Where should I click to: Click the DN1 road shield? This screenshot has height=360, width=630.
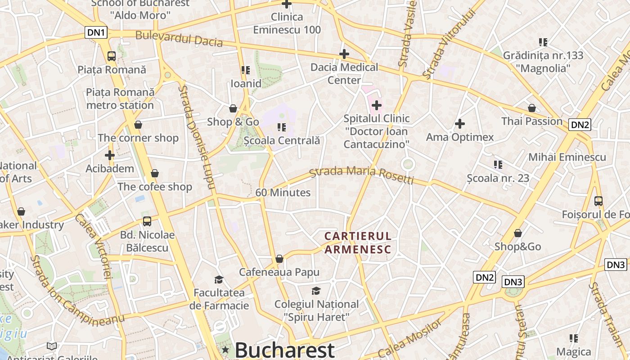click(96, 32)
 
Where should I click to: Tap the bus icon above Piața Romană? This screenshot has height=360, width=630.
click(112, 56)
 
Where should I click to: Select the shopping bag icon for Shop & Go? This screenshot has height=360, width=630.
click(233, 108)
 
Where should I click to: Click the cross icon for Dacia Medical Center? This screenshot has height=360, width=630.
click(344, 54)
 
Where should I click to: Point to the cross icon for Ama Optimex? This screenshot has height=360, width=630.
click(460, 124)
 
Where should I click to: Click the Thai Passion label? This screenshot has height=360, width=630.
click(532, 121)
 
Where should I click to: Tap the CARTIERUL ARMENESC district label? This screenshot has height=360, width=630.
click(358, 243)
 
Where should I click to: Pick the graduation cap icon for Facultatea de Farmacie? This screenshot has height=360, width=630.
click(219, 279)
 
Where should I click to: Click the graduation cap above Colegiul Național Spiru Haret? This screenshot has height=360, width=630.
click(316, 291)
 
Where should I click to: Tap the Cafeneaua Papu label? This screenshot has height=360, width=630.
click(279, 272)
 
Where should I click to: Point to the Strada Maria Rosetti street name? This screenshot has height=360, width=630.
click(361, 175)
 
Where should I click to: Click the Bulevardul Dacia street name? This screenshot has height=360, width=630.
click(179, 39)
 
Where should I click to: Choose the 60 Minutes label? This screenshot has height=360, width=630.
click(283, 193)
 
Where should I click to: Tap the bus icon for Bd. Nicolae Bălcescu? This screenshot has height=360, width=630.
click(147, 221)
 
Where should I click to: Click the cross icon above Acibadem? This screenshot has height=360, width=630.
click(110, 156)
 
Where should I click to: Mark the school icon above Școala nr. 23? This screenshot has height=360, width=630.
click(498, 165)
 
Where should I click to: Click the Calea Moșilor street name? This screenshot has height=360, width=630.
click(411, 338)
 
